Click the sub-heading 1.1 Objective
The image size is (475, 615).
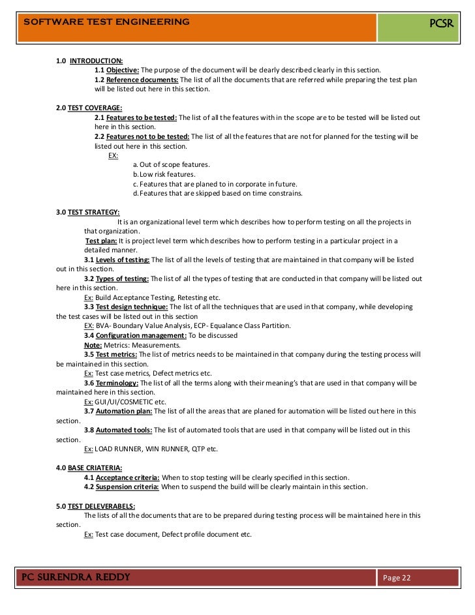click(117, 70)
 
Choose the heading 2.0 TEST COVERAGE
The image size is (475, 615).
click(89, 108)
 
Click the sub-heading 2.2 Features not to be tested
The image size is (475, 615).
click(142, 137)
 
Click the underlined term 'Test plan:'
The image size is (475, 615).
click(101, 241)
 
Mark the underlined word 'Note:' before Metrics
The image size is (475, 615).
click(93, 345)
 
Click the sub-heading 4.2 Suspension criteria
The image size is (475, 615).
click(121, 487)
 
